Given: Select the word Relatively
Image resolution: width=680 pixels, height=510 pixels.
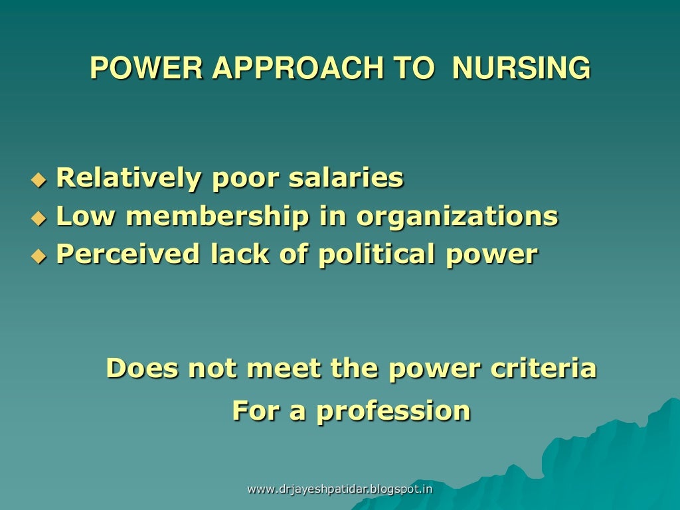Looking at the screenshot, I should pos(129,178).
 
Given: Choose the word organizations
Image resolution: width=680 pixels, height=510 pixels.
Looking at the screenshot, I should pos(457,216).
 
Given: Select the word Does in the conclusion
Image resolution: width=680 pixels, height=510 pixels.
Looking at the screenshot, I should pos(142,368).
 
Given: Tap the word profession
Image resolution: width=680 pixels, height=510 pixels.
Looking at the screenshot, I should pos(393,410).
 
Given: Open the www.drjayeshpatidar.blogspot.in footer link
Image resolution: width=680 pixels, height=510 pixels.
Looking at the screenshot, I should pos(339,489).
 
